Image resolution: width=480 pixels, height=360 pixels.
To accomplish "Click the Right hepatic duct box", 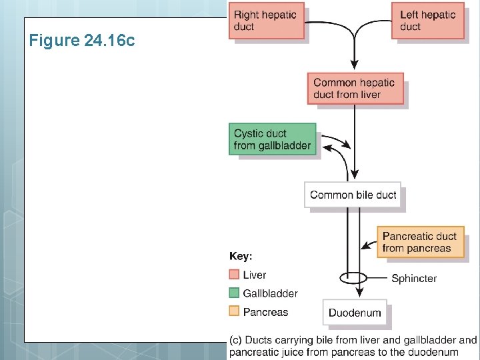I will click(267, 21).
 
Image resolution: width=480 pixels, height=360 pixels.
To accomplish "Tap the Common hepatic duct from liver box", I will click(355, 89).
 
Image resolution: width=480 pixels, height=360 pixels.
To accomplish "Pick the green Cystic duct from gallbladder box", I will click(272, 139).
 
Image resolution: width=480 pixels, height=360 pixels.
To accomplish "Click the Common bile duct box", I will click(353, 195).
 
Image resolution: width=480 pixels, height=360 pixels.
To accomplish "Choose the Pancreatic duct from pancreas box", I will click(419, 243).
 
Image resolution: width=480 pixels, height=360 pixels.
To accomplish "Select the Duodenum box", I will click(355, 313).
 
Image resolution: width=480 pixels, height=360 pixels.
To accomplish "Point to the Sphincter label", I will click(413, 279).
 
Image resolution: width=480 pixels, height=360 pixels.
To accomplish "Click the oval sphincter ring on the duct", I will click(353, 277).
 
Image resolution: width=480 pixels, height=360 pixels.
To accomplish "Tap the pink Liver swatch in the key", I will click(234, 275).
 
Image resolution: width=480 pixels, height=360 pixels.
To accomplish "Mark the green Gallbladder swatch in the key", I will click(234, 293).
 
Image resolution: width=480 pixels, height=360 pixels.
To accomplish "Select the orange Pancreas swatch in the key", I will click(234, 311).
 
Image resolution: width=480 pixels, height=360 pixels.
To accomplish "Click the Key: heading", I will click(241, 256).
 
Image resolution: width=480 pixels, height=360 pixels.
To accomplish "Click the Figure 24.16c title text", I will click(82, 41).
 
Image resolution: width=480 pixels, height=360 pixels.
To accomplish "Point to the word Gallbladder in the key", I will click(270, 293).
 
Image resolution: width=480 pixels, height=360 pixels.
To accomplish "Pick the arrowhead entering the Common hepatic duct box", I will click(355, 69).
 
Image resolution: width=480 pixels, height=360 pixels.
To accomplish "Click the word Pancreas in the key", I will click(265, 312).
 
